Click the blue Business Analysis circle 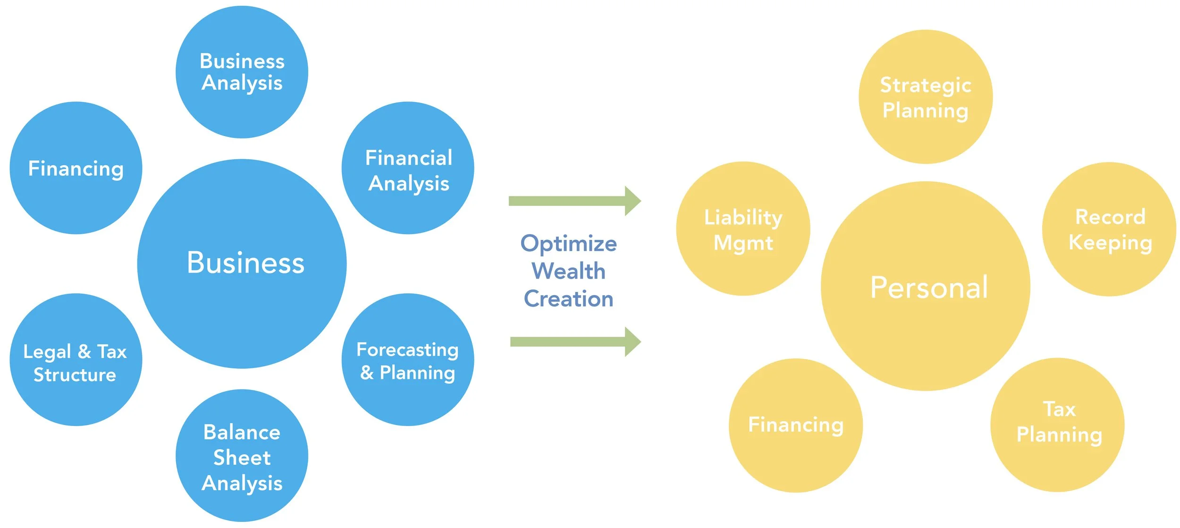[242, 72]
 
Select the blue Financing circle [76, 168]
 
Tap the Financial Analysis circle [408, 168]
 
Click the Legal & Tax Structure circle [76, 360]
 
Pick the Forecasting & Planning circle [408, 360]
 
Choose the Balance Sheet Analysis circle [242, 456]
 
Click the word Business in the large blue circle [245, 263]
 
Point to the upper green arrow [574, 201]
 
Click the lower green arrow [575, 341]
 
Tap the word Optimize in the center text [568, 244]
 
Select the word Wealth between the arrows [568, 271]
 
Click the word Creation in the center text [568, 299]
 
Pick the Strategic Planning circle [925, 97]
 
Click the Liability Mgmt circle [743, 229]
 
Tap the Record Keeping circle [1109, 229]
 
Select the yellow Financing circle [796, 425]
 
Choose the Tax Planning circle [1057, 425]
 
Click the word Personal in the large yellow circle [929, 287]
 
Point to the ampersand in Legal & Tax [84, 352]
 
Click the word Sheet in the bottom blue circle [242, 458]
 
